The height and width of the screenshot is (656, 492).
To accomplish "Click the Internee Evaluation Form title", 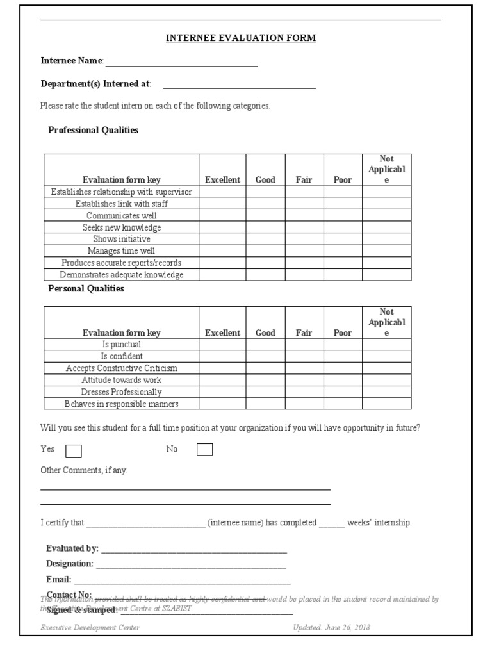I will [x=241, y=38].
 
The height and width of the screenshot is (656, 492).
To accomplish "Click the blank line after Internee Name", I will [x=181, y=62].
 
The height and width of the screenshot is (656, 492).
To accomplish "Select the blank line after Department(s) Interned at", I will [x=239, y=85].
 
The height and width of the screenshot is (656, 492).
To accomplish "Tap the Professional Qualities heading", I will [x=94, y=130].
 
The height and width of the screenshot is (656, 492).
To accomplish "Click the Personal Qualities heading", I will [x=86, y=288].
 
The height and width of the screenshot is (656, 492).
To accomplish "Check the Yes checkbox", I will [x=74, y=451].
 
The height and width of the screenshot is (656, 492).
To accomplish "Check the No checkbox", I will [x=204, y=450].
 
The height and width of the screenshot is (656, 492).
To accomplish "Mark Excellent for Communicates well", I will [x=222, y=216].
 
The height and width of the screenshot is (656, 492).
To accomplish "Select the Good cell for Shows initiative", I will [x=265, y=239].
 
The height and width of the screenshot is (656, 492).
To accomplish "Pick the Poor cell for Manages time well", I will [x=343, y=251].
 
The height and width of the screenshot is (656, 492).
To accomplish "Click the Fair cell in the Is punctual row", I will [x=304, y=345].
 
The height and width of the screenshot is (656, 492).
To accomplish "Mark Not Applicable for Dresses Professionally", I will [x=386, y=391].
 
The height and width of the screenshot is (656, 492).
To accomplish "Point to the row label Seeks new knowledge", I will [x=122, y=227].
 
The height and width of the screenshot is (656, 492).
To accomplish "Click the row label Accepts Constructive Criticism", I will [x=122, y=368].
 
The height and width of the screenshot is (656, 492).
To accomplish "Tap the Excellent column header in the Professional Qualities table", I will [x=222, y=180].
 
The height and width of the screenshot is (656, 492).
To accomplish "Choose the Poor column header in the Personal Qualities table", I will [x=343, y=333].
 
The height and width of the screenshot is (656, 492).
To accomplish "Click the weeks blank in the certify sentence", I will [x=332, y=523].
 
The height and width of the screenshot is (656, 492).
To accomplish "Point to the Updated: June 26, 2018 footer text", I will [x=331, y=628].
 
